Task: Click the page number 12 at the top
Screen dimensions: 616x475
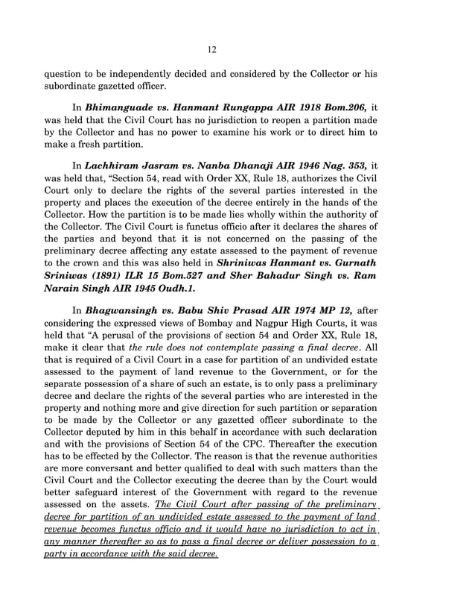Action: [212, 49]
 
